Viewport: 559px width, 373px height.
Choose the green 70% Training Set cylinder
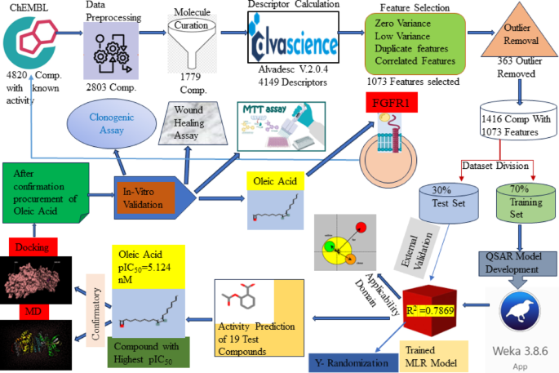pyautogui.click(x=521, y=201)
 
